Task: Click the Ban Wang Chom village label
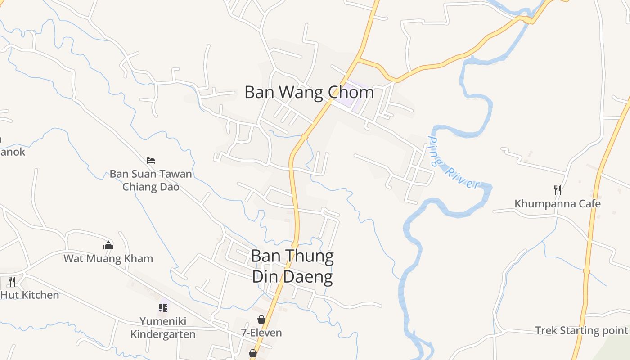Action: tap(309, 92)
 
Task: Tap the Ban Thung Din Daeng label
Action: tap(292, 266)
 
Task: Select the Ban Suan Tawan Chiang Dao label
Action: tap(151, 180)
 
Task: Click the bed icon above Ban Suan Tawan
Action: tap(151, 160)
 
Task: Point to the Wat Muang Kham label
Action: tap(108, 259)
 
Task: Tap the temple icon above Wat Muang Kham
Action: tap(108, 245)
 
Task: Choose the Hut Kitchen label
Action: tap(30, 295)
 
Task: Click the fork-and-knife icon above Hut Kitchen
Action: tap(12, 282)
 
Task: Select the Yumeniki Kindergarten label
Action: tap(163, 328)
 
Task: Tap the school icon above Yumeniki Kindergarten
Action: tap(163, 308)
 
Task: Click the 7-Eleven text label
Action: tap(261, 333)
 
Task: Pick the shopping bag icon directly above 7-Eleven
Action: tap(261, 319)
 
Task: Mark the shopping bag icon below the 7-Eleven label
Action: tap(253, 353)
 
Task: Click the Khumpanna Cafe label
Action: tap(558, 204)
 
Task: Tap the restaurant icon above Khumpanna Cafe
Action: tap(558, 190)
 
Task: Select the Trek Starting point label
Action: tap(581, 331)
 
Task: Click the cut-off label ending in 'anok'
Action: tap(13, 152)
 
